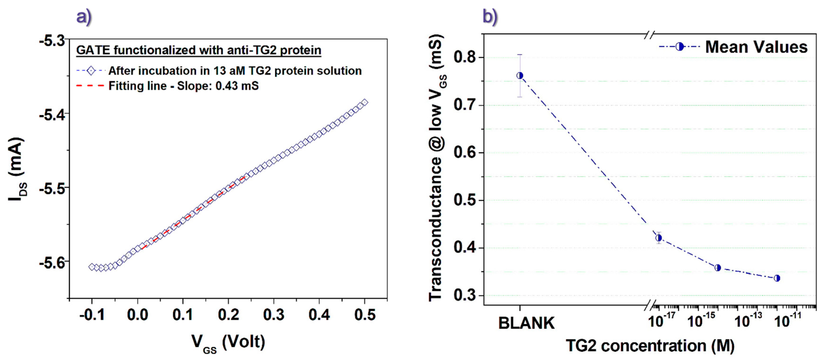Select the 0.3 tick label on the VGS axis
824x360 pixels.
[x=273, y=315]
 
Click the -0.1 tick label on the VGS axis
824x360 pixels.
[x=92, y=315]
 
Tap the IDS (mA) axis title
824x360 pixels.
[x=17, y=169]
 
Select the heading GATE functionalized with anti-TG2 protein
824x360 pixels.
[x=198, y=50]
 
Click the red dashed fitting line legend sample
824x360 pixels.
[x=90, y=86]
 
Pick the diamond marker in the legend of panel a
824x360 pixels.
[x=91, y=71]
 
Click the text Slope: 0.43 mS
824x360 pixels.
[x=218, y=86]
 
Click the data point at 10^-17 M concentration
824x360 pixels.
[x=658, y=238]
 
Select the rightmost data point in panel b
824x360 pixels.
[x=777, y=278]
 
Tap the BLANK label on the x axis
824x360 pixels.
[x=526, y=323]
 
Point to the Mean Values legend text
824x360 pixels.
[x=756, y=47]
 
